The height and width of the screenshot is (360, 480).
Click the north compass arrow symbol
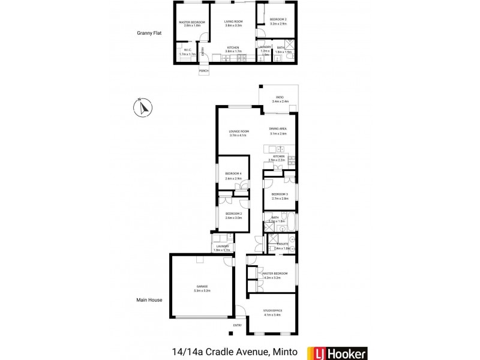143,108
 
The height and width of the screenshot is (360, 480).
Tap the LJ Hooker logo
337,353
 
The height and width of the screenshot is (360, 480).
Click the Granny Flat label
149,34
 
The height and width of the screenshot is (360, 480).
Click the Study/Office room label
272,310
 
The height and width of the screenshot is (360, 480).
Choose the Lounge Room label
238,133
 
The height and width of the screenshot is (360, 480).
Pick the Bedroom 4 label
233,174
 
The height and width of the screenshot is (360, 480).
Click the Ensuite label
281,244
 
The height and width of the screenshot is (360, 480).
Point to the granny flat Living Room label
233,21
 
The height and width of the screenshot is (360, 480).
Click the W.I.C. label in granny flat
187,50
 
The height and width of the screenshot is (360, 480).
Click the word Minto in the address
285,353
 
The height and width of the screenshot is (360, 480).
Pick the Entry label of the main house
238,326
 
